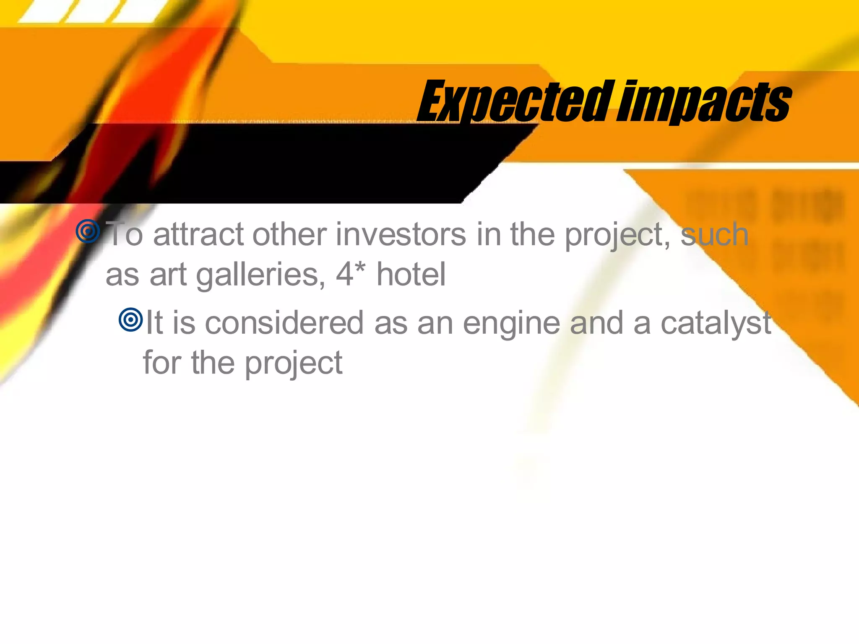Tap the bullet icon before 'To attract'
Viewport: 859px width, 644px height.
pyautogui.click(x=88, y=231)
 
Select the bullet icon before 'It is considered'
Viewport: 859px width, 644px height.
pyautogui.click(x=131, y=320)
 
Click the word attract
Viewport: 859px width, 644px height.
pyautogui.click(x=198, y=235)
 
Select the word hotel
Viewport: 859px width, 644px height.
pyautogui.click(x=411, y=275)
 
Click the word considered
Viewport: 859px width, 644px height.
pyautogui.click(x=284, y=324)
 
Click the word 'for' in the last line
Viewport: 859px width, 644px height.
pyautogui.click(x=162, y=363)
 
